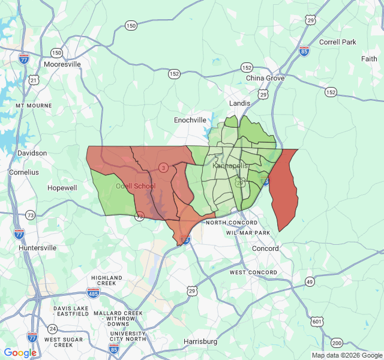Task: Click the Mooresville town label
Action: click(62, 64)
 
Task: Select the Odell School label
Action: click(135, 186)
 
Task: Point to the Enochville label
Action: click(190, 120)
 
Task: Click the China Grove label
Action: click(265, 78)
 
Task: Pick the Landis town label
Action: click(239, 103)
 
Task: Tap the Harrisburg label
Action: click(200, 341)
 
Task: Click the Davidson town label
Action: click(32, 153)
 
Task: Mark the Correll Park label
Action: click(338, 42)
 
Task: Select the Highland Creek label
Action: click(107, 281)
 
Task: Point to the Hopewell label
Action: click(62, 188)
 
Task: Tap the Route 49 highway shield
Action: click(310, 281)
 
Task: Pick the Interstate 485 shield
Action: click(93, 292)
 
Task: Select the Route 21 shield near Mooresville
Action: click(34, 80)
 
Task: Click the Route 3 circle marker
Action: click(163, 167)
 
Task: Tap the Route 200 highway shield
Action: click(337, 343)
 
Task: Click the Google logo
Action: click(20, 353)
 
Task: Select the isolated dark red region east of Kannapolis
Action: click(284, 189)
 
